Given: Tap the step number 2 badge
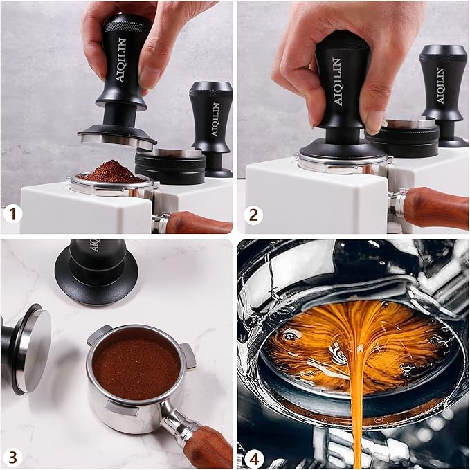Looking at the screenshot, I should (x=253, y=215).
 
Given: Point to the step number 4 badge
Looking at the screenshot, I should (x=253, y=455).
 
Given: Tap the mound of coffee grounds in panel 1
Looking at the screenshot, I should (x=111, y=172).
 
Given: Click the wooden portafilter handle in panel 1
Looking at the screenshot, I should (x=197, y=223).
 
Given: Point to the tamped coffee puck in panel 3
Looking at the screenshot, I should (x=136, y=367).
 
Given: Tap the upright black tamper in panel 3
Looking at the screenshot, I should (x=96, y=266).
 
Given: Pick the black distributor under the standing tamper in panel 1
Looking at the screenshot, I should (x=170, y=166).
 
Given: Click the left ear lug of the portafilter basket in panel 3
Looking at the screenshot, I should (x=98, y=335).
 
